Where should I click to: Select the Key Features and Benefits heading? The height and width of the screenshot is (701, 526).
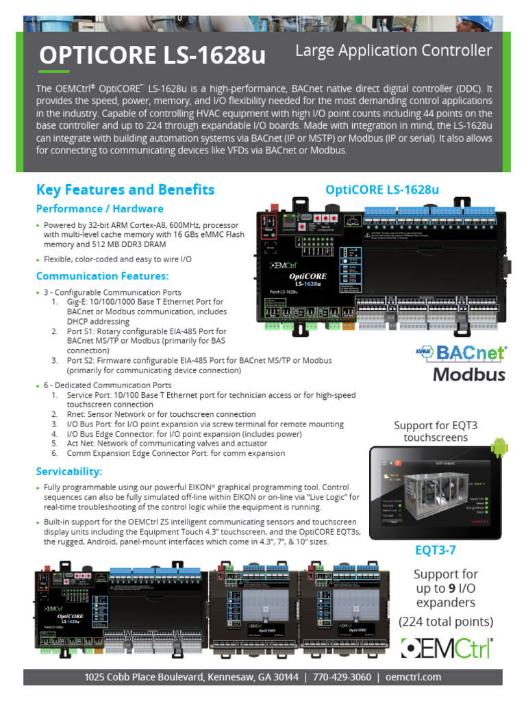click(x=125, y=190)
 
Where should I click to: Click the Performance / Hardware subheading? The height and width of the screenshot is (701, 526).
click(x=99, y=209)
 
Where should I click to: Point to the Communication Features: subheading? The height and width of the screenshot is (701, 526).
click(x=102, y=276)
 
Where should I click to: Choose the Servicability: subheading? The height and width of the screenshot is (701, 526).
click(x=69, y=472)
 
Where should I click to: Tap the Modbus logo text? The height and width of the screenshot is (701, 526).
click(x=468, y=374)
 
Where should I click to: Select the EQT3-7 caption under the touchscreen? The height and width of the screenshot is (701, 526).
click(x=435, y=550)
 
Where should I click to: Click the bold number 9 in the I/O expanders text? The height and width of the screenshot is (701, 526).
click(x=451, y=588)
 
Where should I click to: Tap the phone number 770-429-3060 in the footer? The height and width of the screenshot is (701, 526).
click(x=342, y=677)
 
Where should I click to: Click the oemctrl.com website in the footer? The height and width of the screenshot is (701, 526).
click(x=413, y=677)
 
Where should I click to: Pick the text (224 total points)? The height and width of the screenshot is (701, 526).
click(x=446, y=622)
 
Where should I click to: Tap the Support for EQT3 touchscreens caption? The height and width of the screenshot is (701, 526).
click(x=436, y=431)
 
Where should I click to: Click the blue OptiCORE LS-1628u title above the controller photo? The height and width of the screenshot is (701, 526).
click(x=381, y=190)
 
